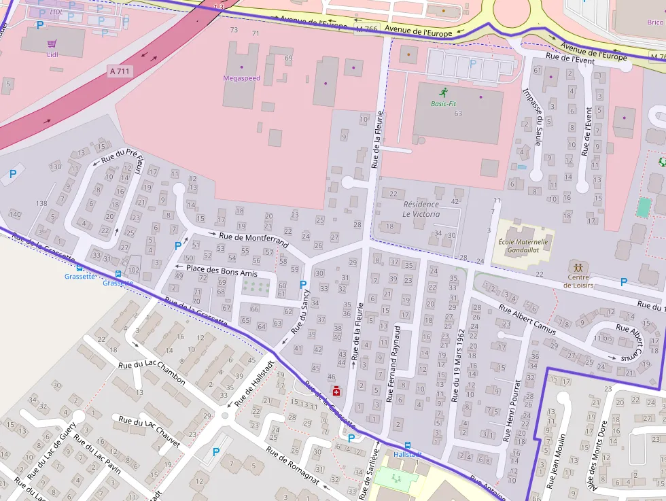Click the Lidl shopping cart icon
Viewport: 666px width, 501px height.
(x=52, y=43)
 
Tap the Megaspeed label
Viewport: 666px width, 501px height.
(x=241, y=78)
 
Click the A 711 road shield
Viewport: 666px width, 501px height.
(x=120, y=71)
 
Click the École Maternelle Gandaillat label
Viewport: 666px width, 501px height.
(x=523, y=245)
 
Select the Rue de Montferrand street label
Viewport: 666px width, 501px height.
(x=253, y=240)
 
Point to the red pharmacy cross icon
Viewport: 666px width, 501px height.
(x=336, y=390)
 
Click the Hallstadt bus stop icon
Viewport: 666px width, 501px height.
(x=407, y=445)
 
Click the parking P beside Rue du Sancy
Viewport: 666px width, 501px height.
(x=303, y=284)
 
